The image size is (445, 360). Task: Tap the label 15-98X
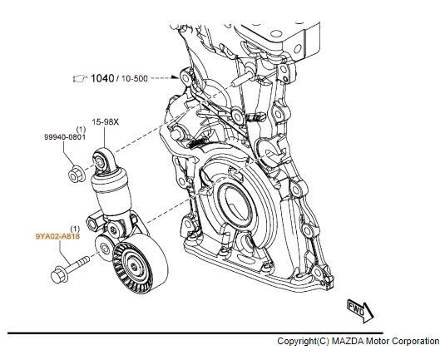click(104, 121)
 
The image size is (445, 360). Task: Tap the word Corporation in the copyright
click(413, 342)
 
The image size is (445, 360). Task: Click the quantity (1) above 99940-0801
click(81, 130)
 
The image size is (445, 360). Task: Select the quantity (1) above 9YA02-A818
click(74, 227)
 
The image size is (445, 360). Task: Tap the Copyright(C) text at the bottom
click(301, 342)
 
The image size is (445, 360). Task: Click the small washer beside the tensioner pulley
click(103, 246)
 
